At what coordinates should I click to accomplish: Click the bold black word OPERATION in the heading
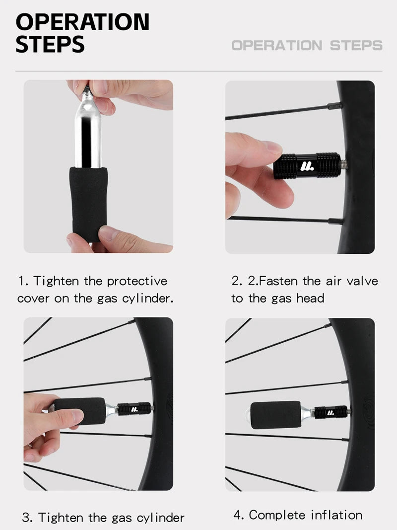coord(82,22)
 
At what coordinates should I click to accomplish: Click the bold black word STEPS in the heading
coord(50,44)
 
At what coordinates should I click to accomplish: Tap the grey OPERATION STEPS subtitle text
coord(307,45)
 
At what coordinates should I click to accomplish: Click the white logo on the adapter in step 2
coord(307,166)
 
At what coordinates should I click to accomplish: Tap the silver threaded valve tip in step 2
coord(343,165)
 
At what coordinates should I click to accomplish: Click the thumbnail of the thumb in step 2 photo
coord(272,148)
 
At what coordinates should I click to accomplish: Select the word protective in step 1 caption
coord(137,281)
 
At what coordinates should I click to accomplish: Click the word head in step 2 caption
coord(310,298)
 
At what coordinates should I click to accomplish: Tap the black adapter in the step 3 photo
coord(134,409)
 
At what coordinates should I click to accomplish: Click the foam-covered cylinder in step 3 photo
coord(80,411)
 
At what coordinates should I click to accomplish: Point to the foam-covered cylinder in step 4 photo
coord(282,415)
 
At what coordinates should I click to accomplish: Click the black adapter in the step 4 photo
coord(331,412)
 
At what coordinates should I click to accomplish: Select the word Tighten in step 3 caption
coord(61,518)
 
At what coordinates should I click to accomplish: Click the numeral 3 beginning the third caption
coord(26,518)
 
